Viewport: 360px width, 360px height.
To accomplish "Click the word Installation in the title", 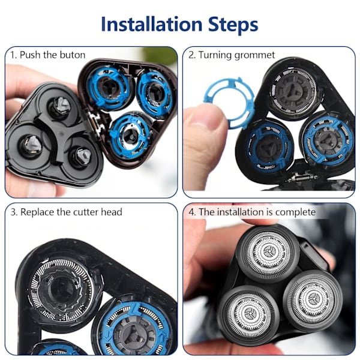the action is pyautogui.click(x=152, y=24).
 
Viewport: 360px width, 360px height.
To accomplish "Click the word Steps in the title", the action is pyautogui.click(x=233, y=25).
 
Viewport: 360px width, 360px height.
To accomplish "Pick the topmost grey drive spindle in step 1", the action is pyautogui.click(x=62, y=105).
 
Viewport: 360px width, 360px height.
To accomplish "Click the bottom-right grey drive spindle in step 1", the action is pyautogui.click(x=83, y=156).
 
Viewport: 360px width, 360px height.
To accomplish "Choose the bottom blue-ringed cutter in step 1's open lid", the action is pyautogui.click(x=129, y=136).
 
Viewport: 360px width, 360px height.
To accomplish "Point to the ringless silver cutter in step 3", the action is pyautogui.click(x=62, y=289).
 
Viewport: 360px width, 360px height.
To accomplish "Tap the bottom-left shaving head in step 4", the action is pyautogui.click(x=248, y=314).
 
